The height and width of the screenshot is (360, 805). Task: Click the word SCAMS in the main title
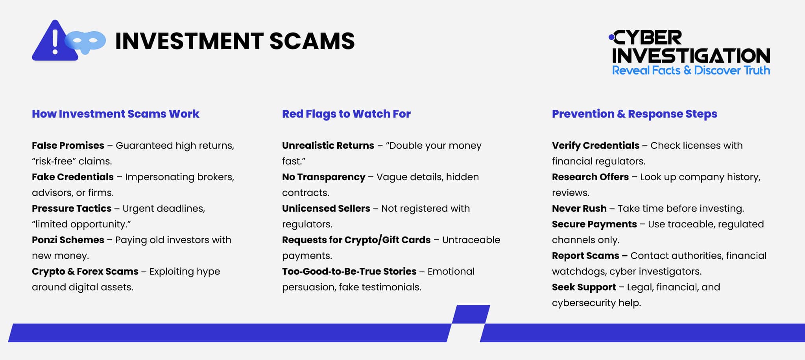(312, 41)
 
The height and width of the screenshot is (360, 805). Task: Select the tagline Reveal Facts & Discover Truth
(691, 70)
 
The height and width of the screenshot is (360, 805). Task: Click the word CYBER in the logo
(648, 38)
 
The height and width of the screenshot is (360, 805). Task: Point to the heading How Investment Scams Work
(116, 114)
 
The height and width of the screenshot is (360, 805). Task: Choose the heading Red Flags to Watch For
(346, 114)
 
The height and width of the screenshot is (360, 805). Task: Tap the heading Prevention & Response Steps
(634, 114)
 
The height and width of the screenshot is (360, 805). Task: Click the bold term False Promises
(68, 146)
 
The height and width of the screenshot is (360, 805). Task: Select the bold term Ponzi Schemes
(68, 240)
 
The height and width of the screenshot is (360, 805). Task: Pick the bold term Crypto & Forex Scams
(85, 271)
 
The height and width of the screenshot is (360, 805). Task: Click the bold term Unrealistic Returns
(328, 146)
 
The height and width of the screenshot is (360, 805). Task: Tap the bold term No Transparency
(324, 177)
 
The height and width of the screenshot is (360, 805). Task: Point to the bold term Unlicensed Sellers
(326, 209)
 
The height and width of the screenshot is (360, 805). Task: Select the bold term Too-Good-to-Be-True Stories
(349, 271)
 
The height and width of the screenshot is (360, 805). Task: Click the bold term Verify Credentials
(596, 146)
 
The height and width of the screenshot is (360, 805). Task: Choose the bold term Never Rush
(579, 209)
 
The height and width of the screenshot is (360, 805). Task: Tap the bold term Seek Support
(584, 287)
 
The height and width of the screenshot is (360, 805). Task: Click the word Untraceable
(471, 240)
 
